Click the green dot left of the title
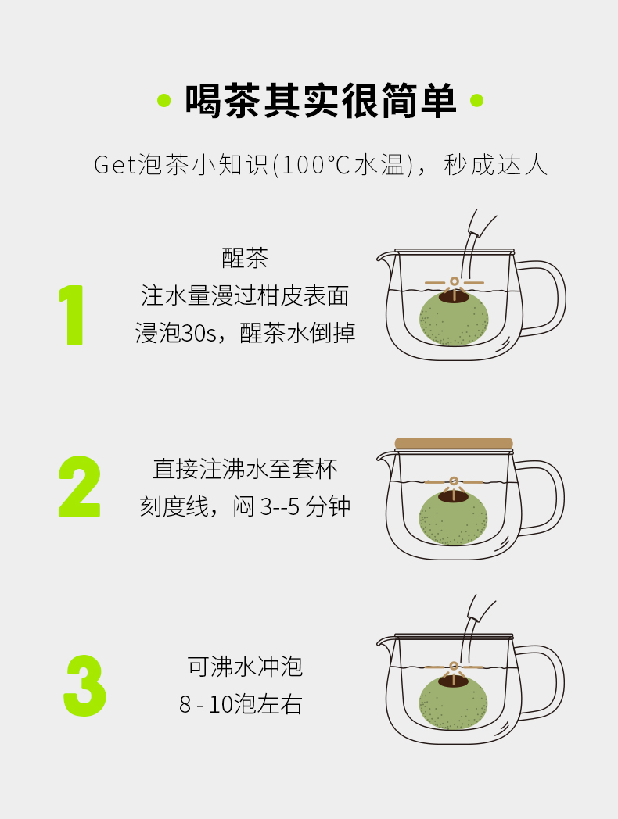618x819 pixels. click(x=164, y=100)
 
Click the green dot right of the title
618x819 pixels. click(x=476, y=100)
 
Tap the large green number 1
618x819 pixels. click(x=72, y=315)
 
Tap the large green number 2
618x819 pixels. click(x=79, y=487)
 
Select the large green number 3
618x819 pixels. click(x=84, y=686)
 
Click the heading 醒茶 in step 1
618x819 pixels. click(x=245, y=258)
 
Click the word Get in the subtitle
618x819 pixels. click(x=115, y=165)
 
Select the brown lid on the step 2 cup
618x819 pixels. click(x=454, y=444)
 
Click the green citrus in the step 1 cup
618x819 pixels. click(x=454, y=319)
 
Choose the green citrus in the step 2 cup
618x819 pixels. click(x=453, y=518)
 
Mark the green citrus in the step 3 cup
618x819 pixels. click(x=453, y=703)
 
